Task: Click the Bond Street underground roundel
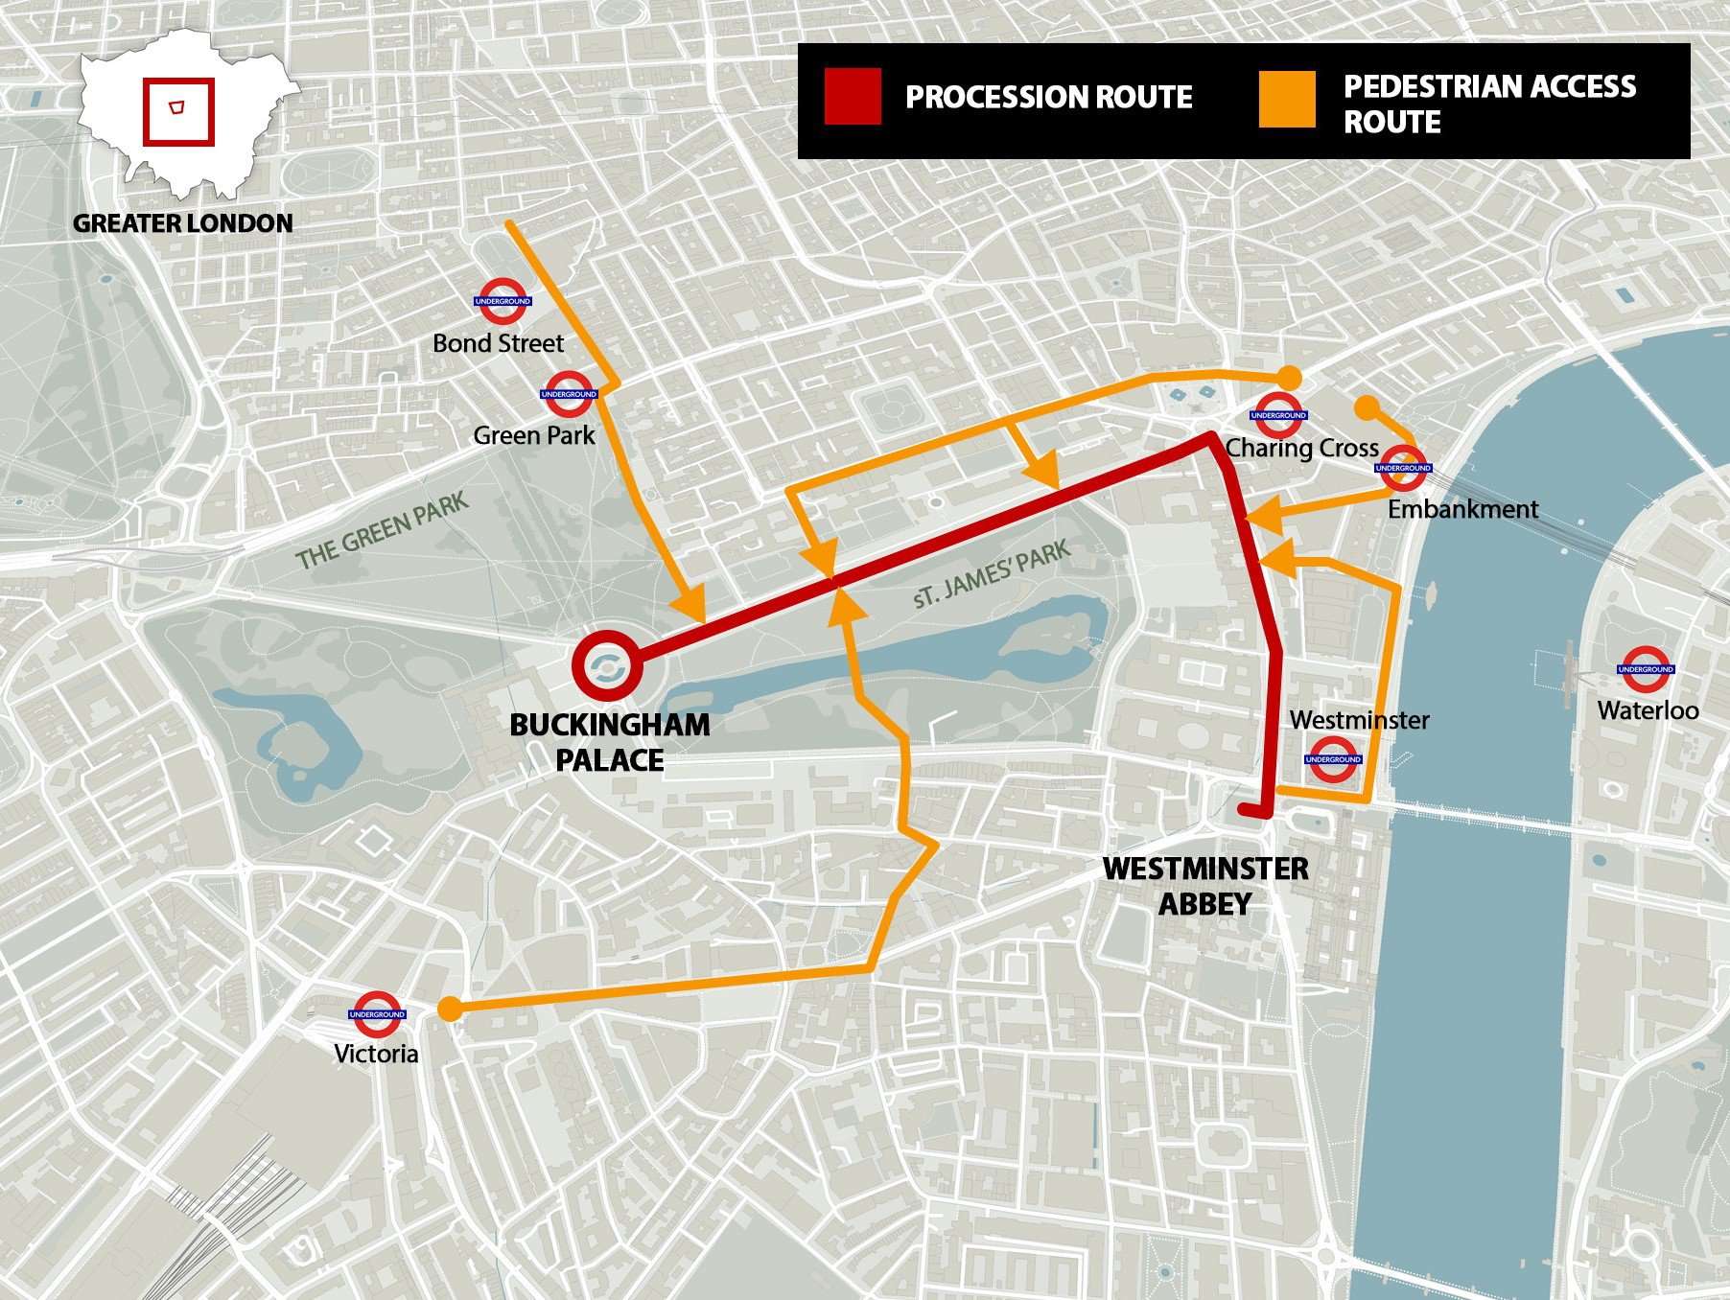(x=503, y=301)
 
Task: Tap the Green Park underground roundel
(x=569, y=394)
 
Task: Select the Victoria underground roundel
(x=377, y=1013)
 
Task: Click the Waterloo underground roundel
(x=1646, y=669)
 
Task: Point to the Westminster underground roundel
(x=1333, y=759)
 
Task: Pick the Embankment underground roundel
(x=1403, y=468)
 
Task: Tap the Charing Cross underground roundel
(x=1278, y=415)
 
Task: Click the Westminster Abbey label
(x=1205, y=886)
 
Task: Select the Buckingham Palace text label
(x=610, y=742)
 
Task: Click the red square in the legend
(x=853, y=97)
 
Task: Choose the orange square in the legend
(x=1287, y=100)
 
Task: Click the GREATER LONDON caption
(x=183, y=223)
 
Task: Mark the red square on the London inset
(x=178, y=111)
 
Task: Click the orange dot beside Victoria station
(x=449, y=1009)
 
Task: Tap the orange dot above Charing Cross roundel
(x=1290, y=377)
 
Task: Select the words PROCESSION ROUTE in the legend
(x=1048, y=97)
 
